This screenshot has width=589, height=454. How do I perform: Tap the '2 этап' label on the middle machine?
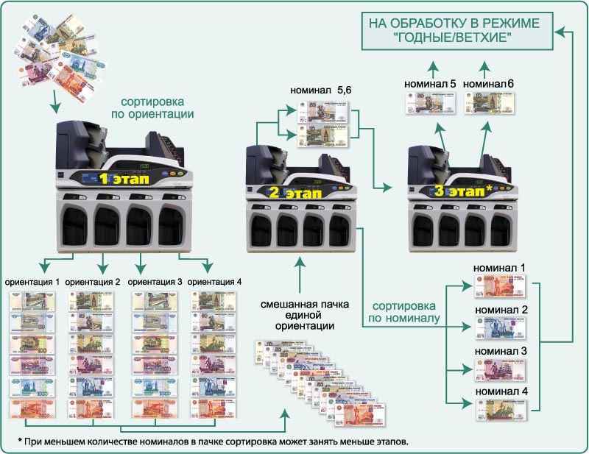(x=292, y=193)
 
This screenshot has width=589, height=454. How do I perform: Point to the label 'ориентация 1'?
(x=32, y=281)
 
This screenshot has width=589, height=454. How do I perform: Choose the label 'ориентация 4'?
(x=214, y=281)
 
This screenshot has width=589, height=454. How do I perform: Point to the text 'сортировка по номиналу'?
(x=406, y=312)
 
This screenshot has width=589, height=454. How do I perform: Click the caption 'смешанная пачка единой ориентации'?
(x=300, y=314)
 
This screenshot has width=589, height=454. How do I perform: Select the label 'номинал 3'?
(x=501, y=352)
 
